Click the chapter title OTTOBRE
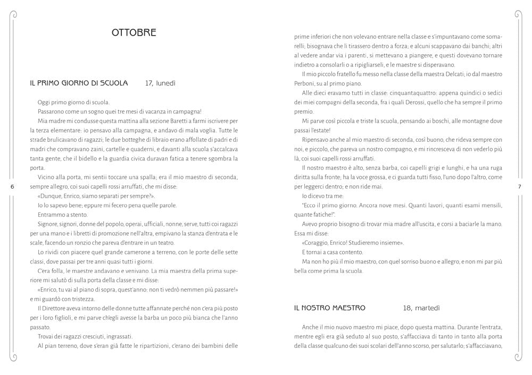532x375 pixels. pos(134,33)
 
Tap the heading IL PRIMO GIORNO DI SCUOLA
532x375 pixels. pos(79,83)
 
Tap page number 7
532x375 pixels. pos(519,186)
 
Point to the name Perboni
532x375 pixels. pos(306,83)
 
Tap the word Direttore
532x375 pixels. pos(54,308)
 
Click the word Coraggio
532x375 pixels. pos(318,243)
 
